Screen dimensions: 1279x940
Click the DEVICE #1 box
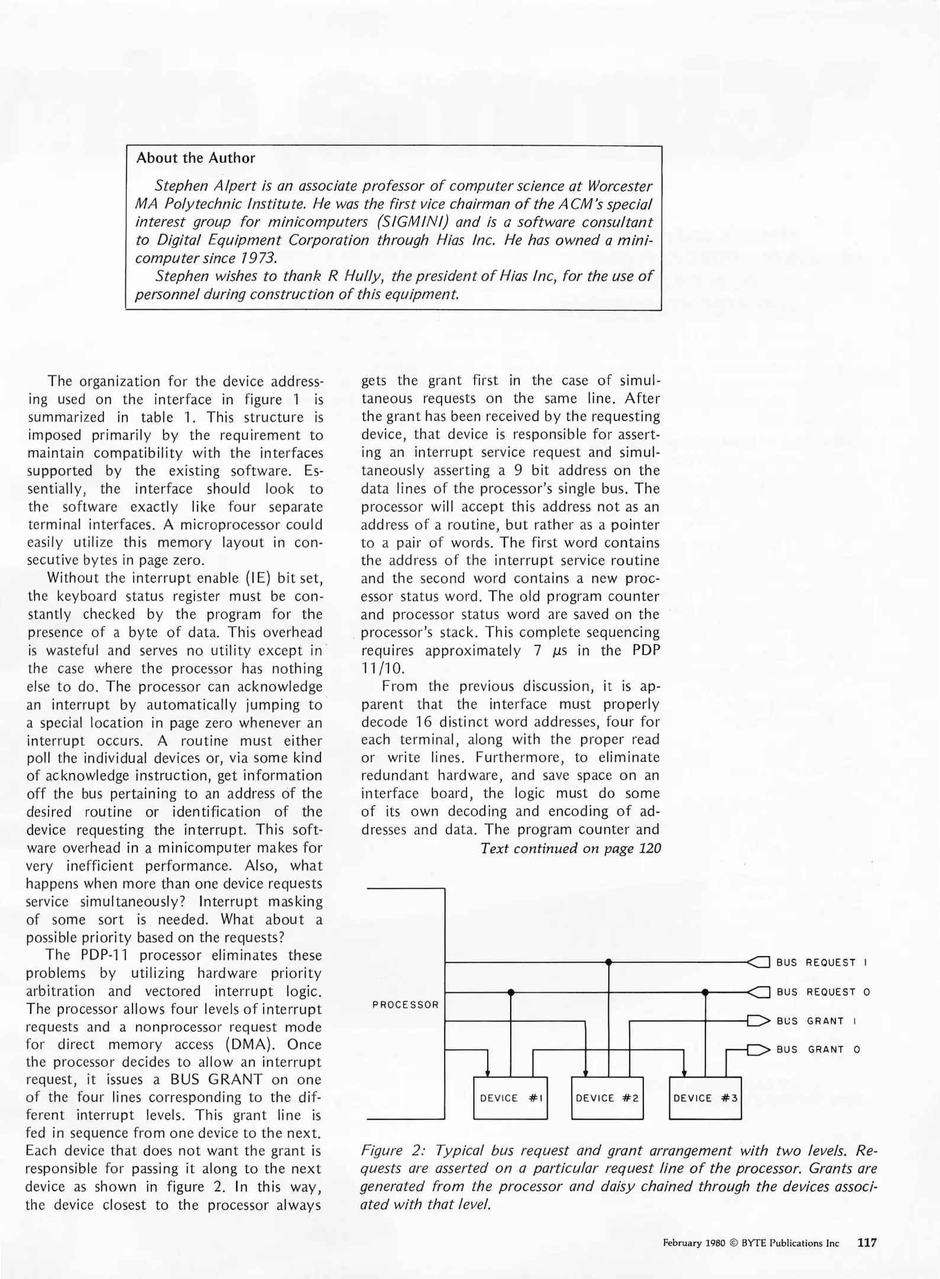pos(510,1098)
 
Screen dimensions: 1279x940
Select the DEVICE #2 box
pos(607,1098)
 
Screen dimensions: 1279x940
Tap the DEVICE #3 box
pos(705,1098)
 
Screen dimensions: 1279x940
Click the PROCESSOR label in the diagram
pos(405,1005)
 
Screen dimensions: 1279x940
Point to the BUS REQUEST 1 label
pos(822,963)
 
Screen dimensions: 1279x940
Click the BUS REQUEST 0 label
pos(823,992)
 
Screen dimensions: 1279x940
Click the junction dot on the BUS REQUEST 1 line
pos(609,962)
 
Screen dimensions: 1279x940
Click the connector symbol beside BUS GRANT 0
pos(758,1050)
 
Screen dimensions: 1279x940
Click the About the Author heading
pos(195,158)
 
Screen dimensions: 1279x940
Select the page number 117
pos(867,1242)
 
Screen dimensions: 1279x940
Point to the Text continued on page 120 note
pos(571,848)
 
